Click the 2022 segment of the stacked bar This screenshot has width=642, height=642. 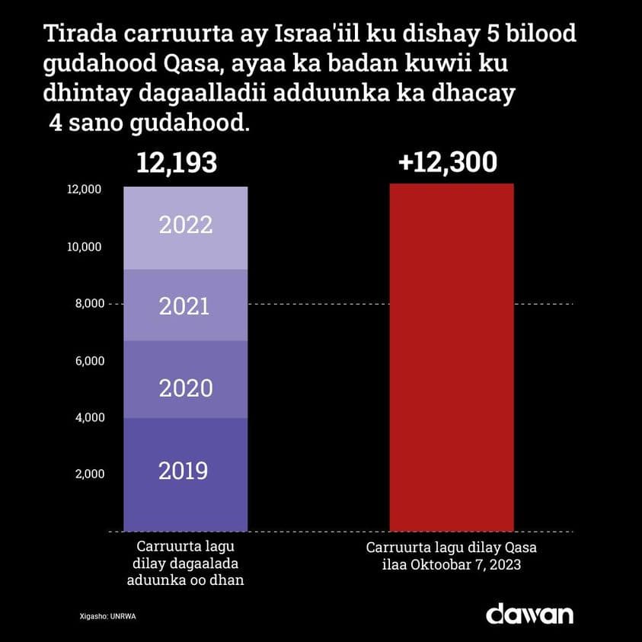pyautogui.click(x=186, y=228)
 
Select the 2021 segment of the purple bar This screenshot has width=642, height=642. pyautogui.click(x=186, y=305)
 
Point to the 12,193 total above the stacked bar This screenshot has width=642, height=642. pyautogui.click(x=177, y=163)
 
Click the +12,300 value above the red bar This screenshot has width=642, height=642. pyautogui.click(x=450, y=162)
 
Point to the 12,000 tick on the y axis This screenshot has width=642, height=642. pyautogui.click(x=85, y=190)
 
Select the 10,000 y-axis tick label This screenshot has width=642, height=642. pyautogui.click(x=85, y=247)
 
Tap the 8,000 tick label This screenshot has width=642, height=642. pyautogui.click(x=88, y=304)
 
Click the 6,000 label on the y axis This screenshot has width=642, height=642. pyautogui.click(x=88, y=361)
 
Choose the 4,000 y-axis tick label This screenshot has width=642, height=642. pyautogui.click(x=88, y=417)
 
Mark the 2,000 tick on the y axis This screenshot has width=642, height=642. pyautogui.click(x=88, y=474)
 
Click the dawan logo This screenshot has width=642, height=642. pyautogui.click(x=529, y=614)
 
